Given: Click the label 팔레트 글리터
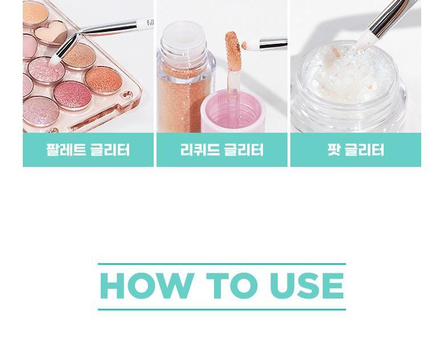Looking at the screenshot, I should [88, 150].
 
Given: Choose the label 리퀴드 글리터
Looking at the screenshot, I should [222, 150].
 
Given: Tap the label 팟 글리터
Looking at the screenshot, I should [356, 150].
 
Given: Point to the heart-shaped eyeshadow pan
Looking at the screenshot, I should [51, 34].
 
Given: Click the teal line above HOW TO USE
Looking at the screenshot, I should [222, 264].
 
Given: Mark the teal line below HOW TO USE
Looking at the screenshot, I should [222, 309].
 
